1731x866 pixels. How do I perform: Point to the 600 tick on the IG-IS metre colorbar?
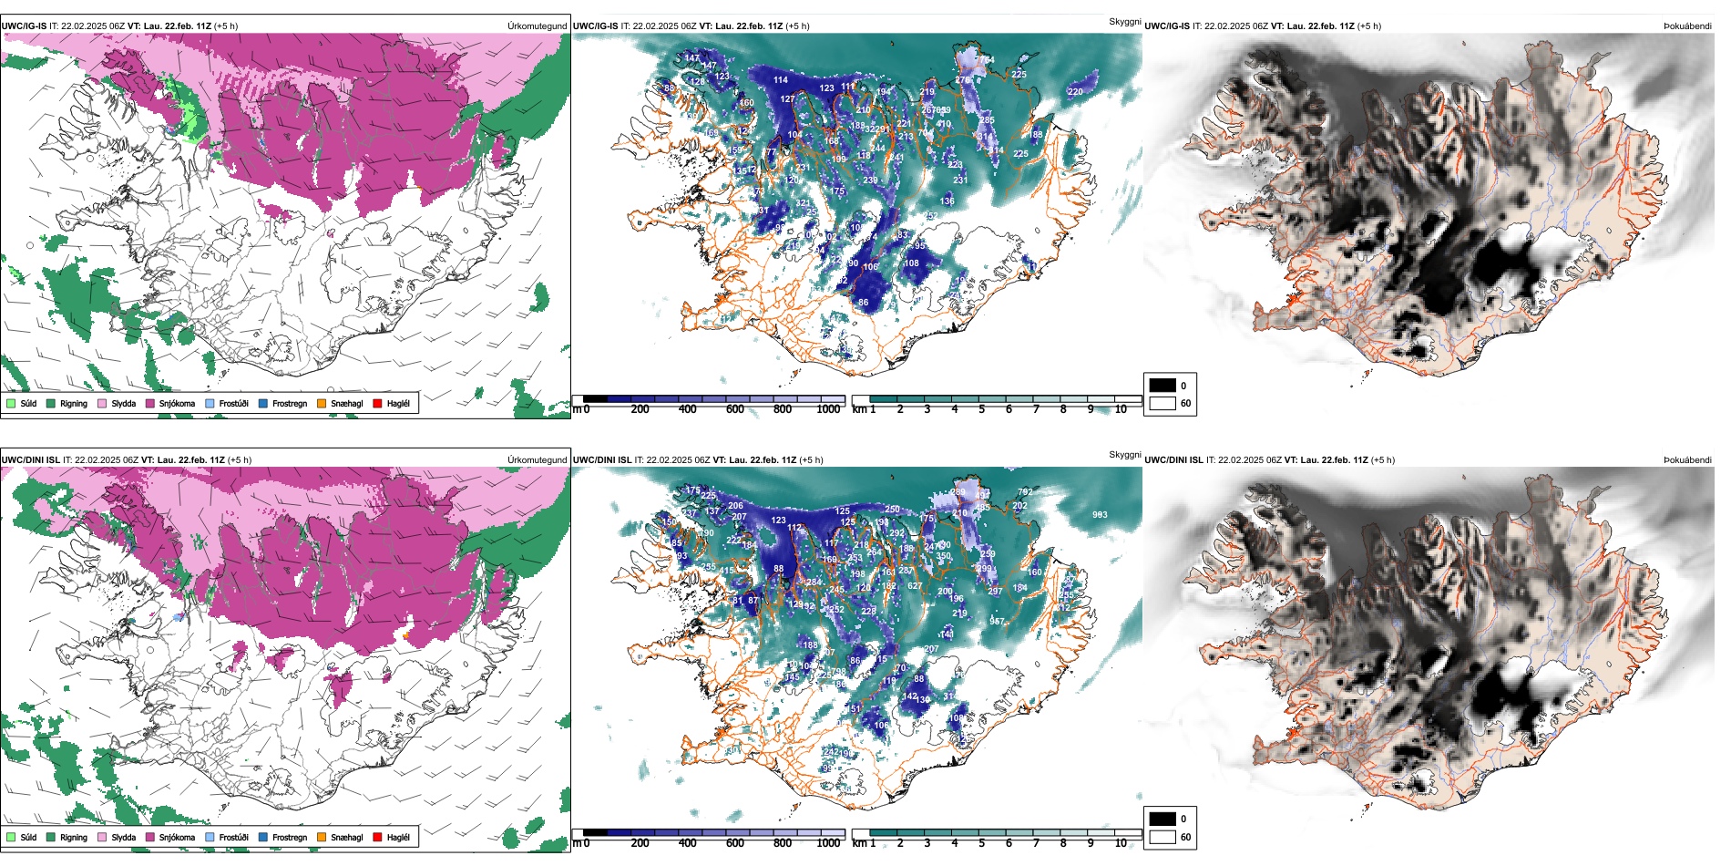point(734,409)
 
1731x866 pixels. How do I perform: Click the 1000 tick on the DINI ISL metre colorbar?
point(828,843)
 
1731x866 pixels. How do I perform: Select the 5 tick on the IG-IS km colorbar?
point(981,409)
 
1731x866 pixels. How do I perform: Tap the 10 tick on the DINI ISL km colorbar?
point(1121,843)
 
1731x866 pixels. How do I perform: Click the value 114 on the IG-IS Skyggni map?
point(781,80)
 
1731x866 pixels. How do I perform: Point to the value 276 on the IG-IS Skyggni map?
point(962,80)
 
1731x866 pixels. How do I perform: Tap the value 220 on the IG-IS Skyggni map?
point(1075,92)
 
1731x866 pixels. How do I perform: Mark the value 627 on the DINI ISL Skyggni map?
point(915,586)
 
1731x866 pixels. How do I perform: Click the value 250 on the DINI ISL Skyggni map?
point(892,510)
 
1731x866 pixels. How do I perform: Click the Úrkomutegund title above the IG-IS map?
point(537,26)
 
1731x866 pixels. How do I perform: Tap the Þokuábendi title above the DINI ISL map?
point(1687,460)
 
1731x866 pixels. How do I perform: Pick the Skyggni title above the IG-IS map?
point(1124,21)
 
